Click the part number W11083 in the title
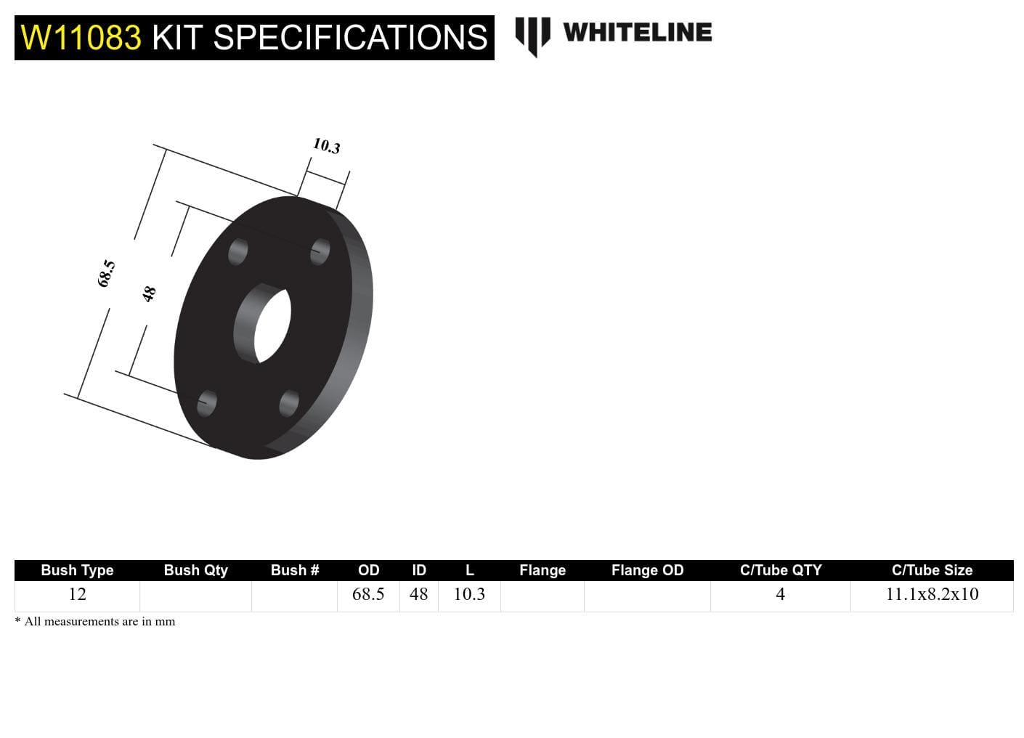tap(81, 38)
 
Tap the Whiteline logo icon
tap(532, 36)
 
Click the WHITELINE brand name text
tap(637, 33)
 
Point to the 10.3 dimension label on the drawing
tap(326, 146)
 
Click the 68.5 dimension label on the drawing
tap(106, 273)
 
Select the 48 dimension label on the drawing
tap(149, 293)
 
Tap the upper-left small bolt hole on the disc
tap(237, 252)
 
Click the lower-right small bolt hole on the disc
tap(288, 403)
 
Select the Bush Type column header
tap(77, 570)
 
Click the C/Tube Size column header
tap(932, 570)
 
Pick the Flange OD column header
tap(647, 570)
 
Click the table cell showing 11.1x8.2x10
tap(932, 594)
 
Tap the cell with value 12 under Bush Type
tap(77, 594)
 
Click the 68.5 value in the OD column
tap(368, 594)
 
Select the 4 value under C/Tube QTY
tap(780, 594)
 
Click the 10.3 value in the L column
tap(469, 594)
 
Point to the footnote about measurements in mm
tap(95, 622)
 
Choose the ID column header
tap(419, 570)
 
